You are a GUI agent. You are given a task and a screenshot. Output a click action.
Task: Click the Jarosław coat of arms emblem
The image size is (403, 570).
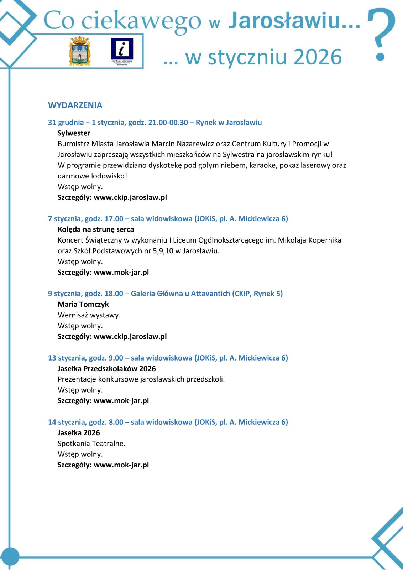click(79, 51)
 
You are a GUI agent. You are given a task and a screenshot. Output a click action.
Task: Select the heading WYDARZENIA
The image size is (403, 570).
click(75, 105)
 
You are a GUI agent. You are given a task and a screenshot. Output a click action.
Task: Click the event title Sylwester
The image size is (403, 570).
click(74, 133)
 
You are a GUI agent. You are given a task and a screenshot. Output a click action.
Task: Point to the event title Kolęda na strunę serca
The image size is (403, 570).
click(96, 229)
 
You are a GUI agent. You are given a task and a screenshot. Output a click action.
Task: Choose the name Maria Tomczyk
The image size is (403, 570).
click(83, 304)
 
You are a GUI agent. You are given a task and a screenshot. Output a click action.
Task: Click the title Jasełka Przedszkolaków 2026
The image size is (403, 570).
click(107, 368)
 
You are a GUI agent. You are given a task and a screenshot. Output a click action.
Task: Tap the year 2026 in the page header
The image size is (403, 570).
click(318, 57)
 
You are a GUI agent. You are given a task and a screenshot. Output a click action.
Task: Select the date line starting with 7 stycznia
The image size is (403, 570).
click(168, 219)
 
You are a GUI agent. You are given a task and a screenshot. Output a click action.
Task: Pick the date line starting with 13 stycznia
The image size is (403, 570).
click(168, 358)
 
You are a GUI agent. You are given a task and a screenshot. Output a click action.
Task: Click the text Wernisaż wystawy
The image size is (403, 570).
click(89, 315)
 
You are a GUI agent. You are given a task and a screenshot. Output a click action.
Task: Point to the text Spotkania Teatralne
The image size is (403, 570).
click(92, 444)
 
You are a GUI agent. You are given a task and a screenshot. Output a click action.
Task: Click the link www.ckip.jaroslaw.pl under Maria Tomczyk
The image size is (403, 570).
click(130, 336)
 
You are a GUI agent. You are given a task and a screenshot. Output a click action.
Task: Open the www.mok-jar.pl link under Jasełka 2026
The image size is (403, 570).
click(121, 465)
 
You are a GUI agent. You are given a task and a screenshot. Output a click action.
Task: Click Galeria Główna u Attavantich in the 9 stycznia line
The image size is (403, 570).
click(180, 294)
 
